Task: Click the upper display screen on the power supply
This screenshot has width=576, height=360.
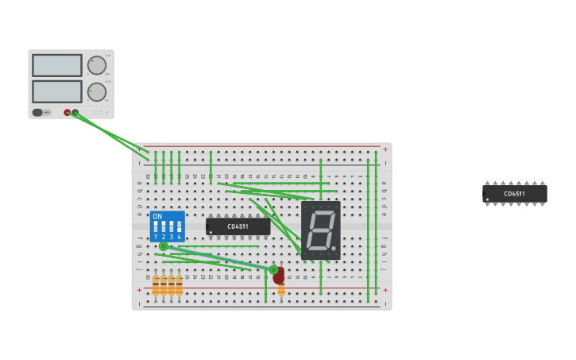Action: click(x=56, y=65)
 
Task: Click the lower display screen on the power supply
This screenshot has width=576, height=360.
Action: click(x=56, y=91)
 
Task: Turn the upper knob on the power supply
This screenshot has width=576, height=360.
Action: click(x=96, y=65)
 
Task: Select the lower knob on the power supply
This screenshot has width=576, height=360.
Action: click(x=96, y=92)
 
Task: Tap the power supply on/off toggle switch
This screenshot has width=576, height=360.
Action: click(x=38, y=112)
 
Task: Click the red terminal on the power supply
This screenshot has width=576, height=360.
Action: click(x=68, y=112)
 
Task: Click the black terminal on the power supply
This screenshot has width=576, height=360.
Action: click(x=75, y=112)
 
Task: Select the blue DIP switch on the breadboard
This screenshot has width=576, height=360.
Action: click(x=168, y=226)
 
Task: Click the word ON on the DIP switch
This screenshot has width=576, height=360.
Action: click(x=157, y=216)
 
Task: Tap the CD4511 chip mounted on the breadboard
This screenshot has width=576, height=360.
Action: click(x=238, y=226)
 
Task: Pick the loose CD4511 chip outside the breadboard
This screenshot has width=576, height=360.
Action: click(x=514, y=193)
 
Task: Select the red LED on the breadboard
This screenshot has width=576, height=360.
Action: click(x=279, y=276)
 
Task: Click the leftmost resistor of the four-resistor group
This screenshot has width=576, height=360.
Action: click(x=156, y=285)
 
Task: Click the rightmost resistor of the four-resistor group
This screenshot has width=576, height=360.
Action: click(x=179, y=285)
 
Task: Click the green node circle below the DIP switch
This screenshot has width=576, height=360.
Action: click(x=164, y=246)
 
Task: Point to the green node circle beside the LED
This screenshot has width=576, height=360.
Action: click(x=273, y=269)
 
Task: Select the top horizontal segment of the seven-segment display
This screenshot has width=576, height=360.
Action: click(x=321, y=212)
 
